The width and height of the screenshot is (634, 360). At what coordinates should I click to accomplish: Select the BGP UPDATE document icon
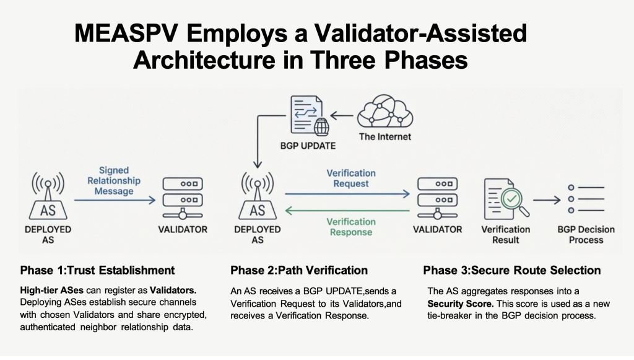[305, 116]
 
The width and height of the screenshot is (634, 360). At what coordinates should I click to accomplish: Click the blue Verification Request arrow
[347, 194]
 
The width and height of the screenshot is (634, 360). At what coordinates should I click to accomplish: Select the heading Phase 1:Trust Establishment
[97, 270]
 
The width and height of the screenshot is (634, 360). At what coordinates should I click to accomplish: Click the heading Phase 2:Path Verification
[299, 270]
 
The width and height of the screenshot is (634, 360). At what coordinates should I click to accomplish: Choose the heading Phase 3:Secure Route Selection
[512, 270]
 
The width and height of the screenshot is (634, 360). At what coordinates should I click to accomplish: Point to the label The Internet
[385, 136]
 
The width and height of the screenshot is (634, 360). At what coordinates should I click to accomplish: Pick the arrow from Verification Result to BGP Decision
[547, 200]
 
